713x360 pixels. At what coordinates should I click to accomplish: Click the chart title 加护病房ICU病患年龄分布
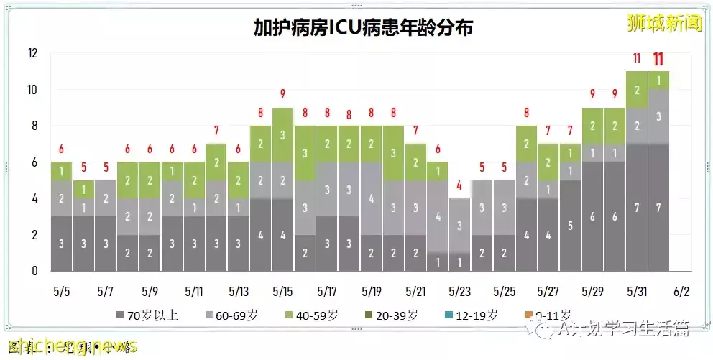(x=363, y=27)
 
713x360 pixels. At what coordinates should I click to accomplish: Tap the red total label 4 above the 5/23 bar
(x=460, y=185)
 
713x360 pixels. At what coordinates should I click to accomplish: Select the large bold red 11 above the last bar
(x=658, y=59)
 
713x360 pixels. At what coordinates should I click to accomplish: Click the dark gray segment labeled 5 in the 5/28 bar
(x=571, y=226)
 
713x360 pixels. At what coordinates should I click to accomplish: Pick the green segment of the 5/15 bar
(x=282, y=134)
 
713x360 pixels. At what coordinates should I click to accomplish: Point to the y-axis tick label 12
(x=32, y=53)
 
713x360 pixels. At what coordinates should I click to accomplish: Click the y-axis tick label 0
(x=34, y=271)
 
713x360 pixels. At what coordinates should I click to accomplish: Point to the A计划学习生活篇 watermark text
(x=620, y=329)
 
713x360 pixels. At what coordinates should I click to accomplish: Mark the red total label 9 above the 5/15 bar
(x=282, y=94)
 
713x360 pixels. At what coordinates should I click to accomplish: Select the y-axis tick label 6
(x=34, y=162)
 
